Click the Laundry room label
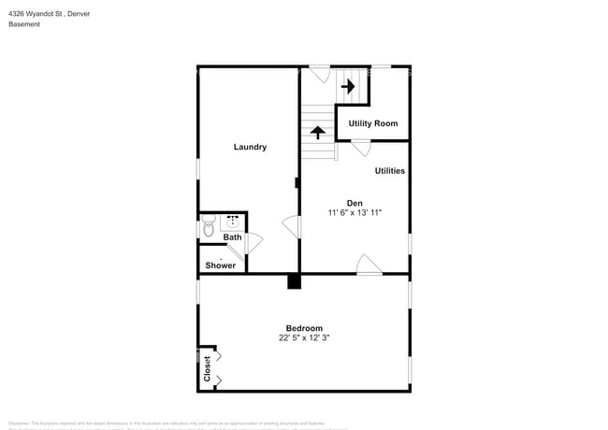click(x=250, y=147)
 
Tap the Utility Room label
click(x=373, y=123)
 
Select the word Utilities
click(x=389, y=171)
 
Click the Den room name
click(x=355, y=203)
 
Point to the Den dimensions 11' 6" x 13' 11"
click(x=355, y=214)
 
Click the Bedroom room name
click(x=304, y=328)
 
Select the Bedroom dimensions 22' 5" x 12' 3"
click(x=304, y=338)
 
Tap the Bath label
click(x=232, y=237)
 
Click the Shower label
click(x=221, y=265)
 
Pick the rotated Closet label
click(x=208, y=368)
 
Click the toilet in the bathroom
click(x=208, y=226)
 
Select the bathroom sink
click(x=232, y=222)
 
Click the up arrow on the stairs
click(x=319, y=133)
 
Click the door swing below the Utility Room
click(x=360, y=148)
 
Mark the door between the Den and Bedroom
click(x=369, y=265)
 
